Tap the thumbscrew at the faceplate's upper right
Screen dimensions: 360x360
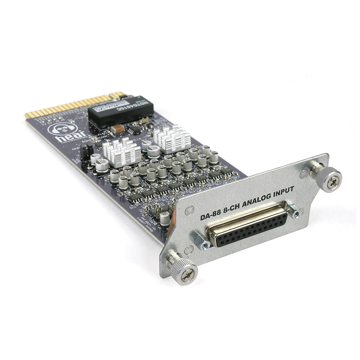(329, 179)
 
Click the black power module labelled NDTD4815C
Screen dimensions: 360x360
(120, 110)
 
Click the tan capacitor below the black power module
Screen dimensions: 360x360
(118, 128)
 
